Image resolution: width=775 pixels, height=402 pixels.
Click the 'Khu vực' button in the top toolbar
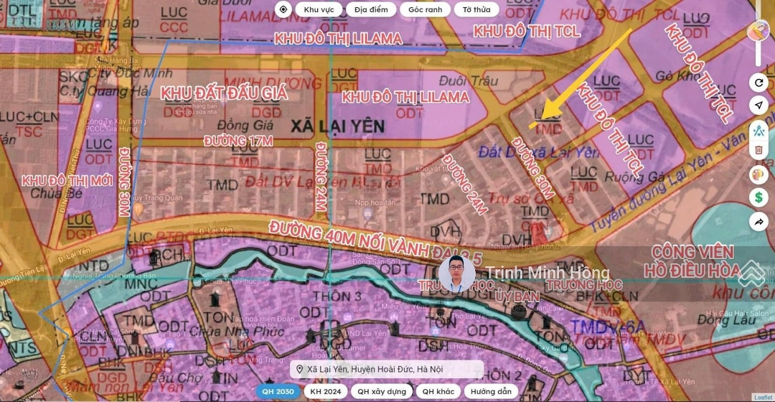(318, 10)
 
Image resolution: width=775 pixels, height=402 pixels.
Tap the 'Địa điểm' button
(370, 10)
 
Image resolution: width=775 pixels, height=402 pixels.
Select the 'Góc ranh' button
(426, 10)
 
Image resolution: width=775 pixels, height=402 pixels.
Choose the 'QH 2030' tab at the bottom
(278, 391)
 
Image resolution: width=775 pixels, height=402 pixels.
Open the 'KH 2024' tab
(324, 391)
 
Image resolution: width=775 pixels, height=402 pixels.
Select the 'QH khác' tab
(438, 391)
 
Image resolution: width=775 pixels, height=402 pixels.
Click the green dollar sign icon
(758, 197)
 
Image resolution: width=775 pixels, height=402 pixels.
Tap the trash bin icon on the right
(758, 151)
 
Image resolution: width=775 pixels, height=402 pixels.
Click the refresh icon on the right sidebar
(758, 83)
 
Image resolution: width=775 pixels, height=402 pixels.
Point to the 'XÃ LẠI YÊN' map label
(337, 127)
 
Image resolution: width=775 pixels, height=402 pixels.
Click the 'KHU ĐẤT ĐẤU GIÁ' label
(224, 93)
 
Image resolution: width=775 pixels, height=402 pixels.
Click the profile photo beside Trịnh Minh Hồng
(457, 274)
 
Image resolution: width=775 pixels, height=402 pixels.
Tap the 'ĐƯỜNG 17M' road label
(238, 141)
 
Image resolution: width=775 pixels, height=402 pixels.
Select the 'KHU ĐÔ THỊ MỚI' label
(67, 179)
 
